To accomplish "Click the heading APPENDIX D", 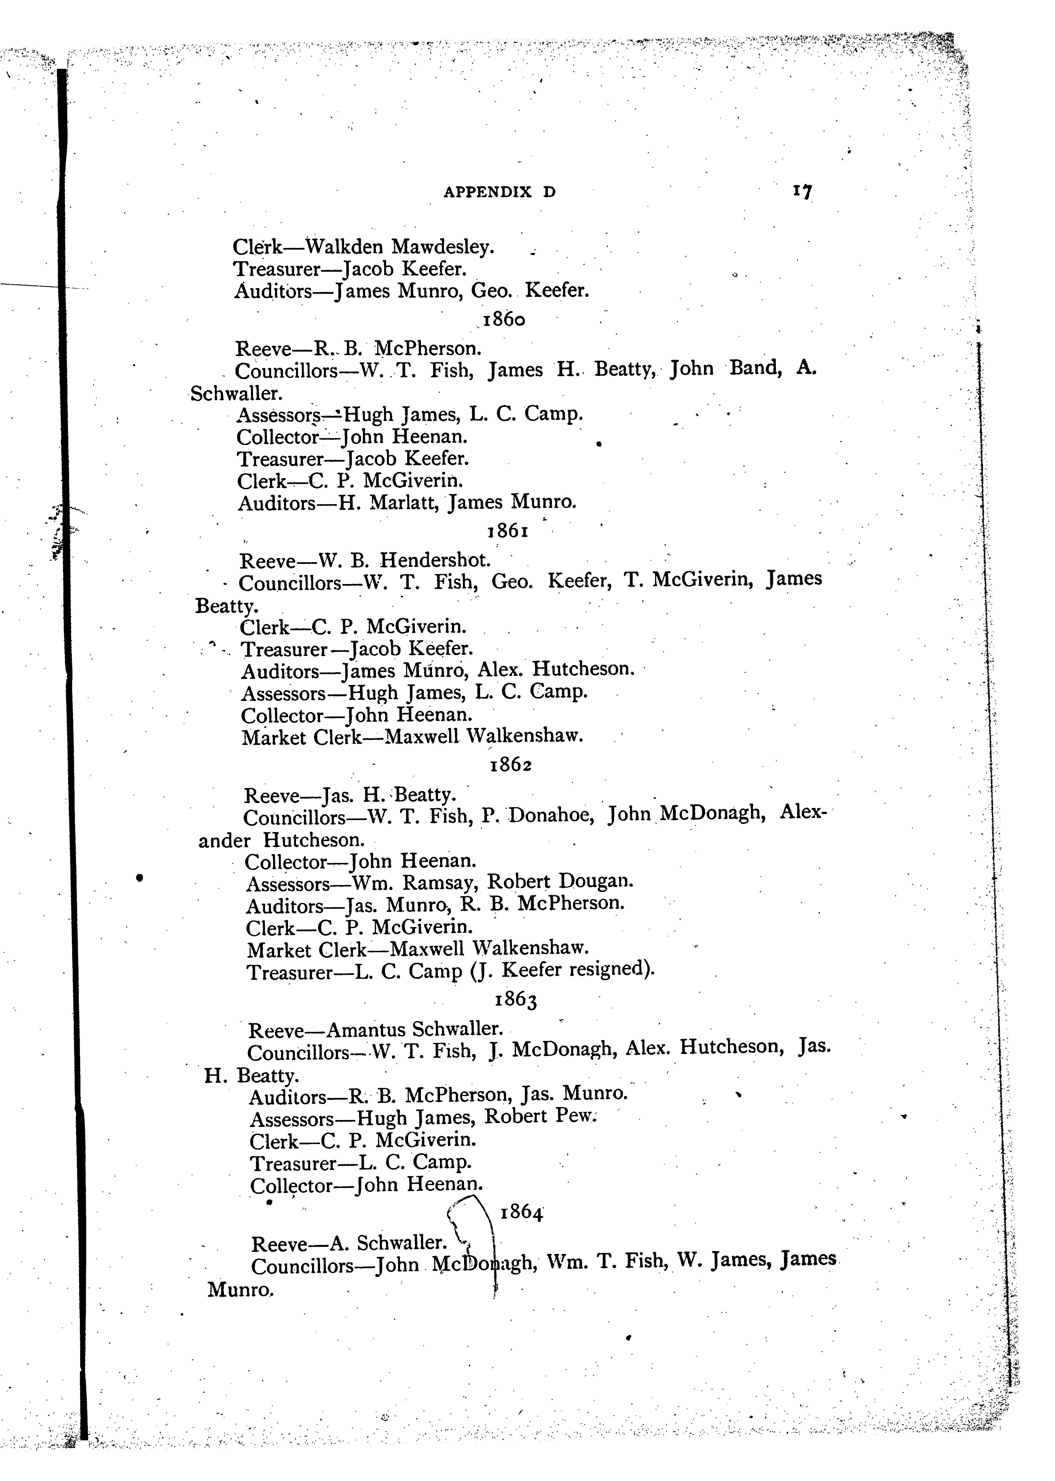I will click(499, 192).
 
